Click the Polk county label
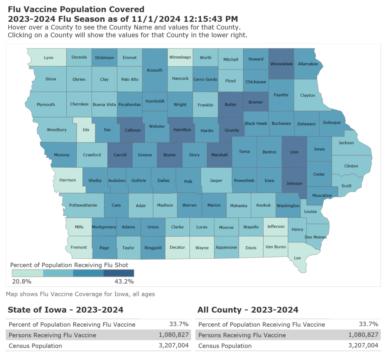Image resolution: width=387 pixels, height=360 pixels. tap(188, 182)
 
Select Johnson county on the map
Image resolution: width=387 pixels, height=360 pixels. tap(294, 183)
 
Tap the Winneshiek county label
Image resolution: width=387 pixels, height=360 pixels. tap(282, 64)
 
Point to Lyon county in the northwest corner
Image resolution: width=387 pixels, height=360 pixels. tap(49, 58)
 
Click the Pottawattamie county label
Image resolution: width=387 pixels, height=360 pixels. tap(83, 205)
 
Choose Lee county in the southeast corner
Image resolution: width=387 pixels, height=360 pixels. tap(297, 258)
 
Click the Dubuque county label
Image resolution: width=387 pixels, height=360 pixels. tap(332, 123)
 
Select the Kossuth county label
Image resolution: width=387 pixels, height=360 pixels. tap(155, 70)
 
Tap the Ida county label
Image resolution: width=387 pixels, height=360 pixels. tap(85, 130)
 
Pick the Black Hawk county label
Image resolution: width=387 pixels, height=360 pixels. tap(256, 123)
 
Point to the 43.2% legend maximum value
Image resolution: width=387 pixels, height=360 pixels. tap(124, 281)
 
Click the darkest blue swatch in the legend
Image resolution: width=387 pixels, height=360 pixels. tap(119, 273)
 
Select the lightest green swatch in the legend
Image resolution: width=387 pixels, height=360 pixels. tap(27, 273)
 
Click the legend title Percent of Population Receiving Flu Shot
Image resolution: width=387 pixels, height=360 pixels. tap(69, 265)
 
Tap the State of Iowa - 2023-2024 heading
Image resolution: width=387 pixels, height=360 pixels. tap(65, 310)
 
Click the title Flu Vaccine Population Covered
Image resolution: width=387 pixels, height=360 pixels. tap(76, 9)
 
